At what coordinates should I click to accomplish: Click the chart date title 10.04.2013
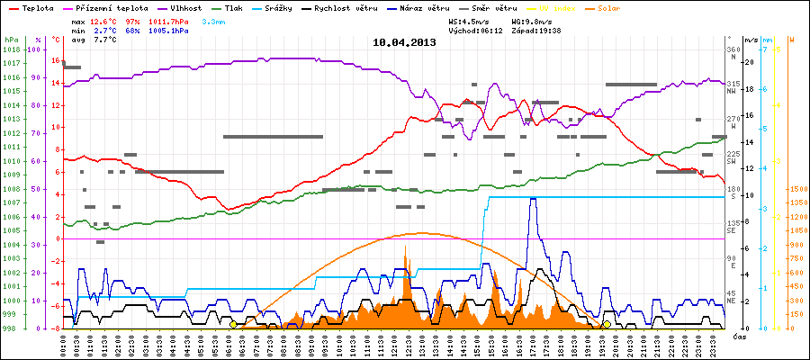[404, 42]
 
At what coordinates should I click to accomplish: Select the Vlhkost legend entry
[185, 7]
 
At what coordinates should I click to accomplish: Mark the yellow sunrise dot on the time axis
[233, 325]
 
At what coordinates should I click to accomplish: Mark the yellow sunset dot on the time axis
[607, 325]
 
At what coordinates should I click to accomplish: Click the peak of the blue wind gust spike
[532, 199]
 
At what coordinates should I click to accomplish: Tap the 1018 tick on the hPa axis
[11, 49]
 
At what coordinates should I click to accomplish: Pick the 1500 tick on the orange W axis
[796, 190]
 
